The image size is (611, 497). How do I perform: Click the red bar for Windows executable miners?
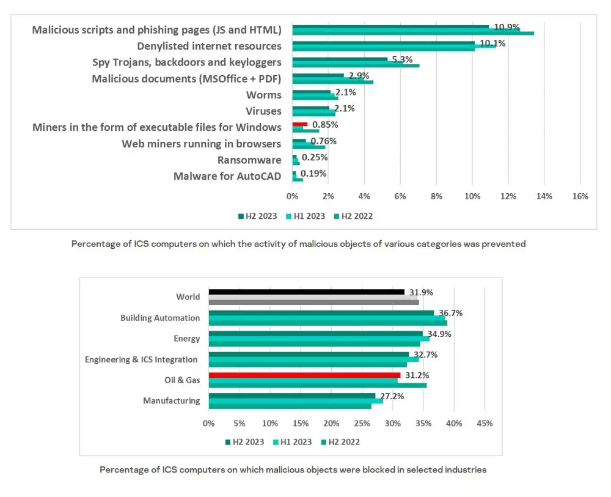(x=300, y=124)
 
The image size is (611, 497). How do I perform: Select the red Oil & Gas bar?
(x=304, y=375)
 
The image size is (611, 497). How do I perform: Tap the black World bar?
(x=306, y=292)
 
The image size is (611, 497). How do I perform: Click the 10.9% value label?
(x=507, y=27)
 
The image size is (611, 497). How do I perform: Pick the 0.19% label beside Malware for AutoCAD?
(x=313, y=174)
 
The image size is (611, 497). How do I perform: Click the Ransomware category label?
(x=249, y=160)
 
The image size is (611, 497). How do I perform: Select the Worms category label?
(x=263, y=95)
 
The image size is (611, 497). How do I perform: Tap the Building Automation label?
(x=160, y=318)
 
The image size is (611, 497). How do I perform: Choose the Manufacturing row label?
(x=171, y=401)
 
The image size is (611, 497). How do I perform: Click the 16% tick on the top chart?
(x=580, y=196)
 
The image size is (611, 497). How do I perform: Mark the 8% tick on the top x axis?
(x=436, y=196)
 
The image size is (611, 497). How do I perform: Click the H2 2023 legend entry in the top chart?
(x=257, y=216)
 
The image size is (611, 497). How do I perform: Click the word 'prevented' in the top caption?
(x=505, y=243)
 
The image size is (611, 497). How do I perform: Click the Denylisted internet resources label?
(x=209, y=46)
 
